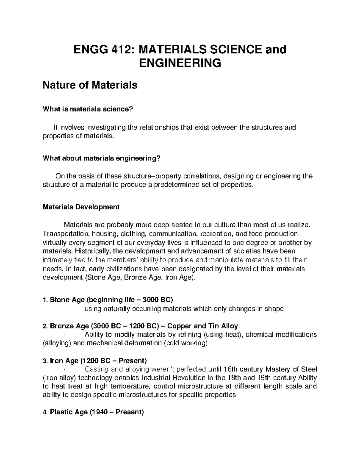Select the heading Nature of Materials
point(90,86)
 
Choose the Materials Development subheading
point(81,207)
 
